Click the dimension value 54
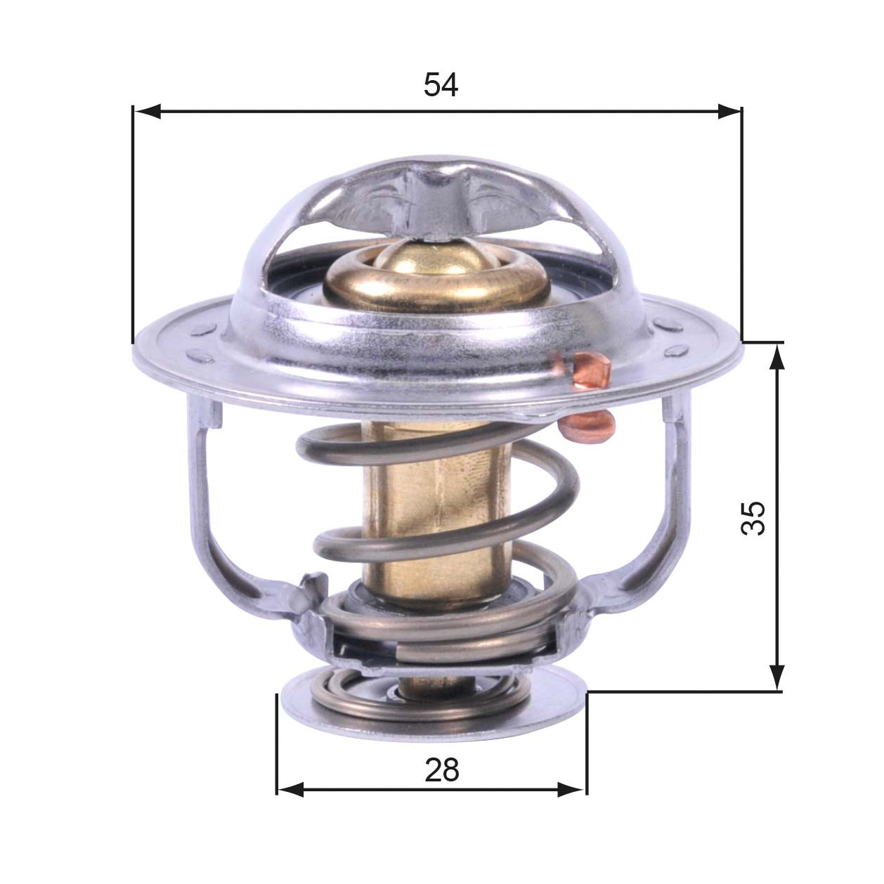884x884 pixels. (441, 85)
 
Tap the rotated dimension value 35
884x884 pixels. (753, 518)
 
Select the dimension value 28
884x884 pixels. (441, 770)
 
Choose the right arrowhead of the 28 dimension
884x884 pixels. (571, 790)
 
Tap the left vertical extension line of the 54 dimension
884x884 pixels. (132, 225)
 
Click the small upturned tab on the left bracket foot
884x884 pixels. (313, 583)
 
